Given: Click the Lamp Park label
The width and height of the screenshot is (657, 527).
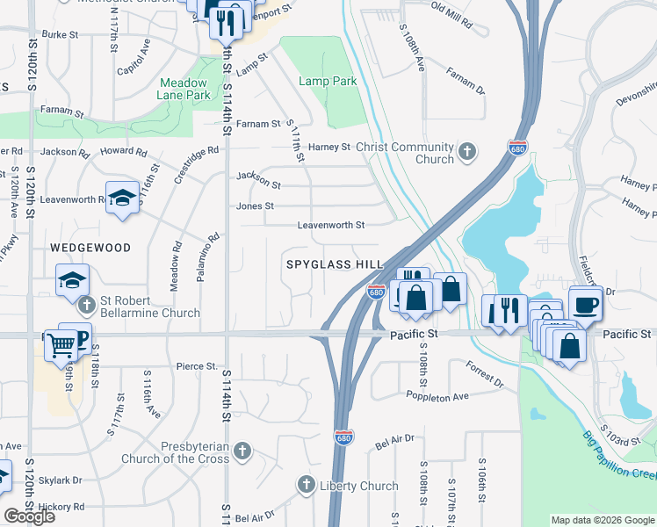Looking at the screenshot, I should point(327,82).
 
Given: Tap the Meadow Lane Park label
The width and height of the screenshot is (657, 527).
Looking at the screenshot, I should point(184,88).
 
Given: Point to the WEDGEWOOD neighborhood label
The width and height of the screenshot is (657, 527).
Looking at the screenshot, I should point(90,249).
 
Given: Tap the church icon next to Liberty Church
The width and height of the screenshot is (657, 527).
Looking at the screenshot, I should point(307,484).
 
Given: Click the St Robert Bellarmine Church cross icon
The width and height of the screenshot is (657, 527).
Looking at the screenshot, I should point(86,306).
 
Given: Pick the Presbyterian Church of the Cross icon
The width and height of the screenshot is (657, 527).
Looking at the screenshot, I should point(243,452).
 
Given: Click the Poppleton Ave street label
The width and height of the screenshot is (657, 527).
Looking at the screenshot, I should point(437,396).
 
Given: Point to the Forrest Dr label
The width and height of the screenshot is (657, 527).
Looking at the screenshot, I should point(485,375).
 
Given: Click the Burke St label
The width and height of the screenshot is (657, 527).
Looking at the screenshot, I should point(61,34).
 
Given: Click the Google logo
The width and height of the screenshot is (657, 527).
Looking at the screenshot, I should point(29,516).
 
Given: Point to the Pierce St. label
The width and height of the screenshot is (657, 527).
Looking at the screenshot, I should point(196,366).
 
